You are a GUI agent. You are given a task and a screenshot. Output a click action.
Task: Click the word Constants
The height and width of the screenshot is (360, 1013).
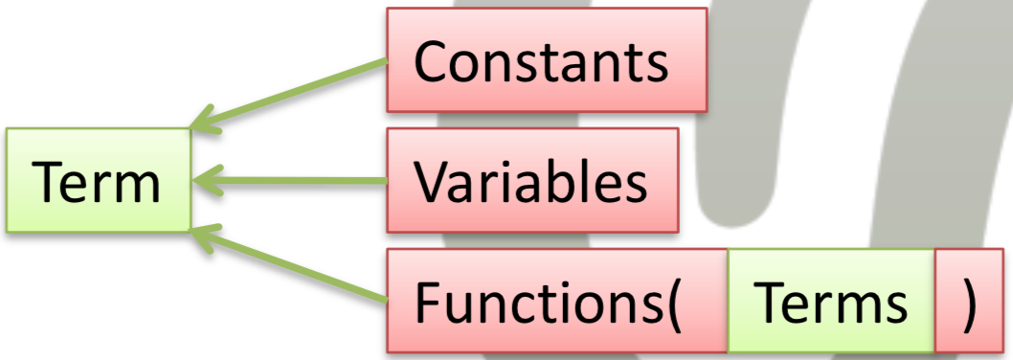click(541, 61)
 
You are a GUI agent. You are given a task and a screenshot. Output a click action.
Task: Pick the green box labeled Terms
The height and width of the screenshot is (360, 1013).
click(831, 302)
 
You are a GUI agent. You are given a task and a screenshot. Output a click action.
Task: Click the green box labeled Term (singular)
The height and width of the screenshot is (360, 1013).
click(99, 180)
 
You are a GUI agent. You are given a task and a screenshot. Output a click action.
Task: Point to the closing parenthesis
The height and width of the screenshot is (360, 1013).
click(970, 303)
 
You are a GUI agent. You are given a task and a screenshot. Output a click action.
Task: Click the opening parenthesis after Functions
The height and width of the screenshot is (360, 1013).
click(673, 303)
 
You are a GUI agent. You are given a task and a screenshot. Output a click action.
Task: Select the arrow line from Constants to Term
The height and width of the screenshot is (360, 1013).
click(289, 95)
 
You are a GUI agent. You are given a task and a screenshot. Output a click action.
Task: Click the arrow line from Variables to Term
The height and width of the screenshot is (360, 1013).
click(289, 180)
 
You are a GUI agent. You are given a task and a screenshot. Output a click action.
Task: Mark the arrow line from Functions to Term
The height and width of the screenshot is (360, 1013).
click(289, 265)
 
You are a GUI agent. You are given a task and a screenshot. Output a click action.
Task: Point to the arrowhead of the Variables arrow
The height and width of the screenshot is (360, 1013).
click(207, 180)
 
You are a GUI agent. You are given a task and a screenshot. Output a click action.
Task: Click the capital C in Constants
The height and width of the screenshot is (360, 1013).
click(432, 61)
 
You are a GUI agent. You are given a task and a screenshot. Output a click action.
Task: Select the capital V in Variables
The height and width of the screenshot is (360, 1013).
click(434, 181)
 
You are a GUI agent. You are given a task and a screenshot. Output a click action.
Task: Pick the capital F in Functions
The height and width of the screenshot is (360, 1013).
click(428, 303)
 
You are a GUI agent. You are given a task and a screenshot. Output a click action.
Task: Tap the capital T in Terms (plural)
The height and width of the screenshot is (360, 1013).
click(772, 303)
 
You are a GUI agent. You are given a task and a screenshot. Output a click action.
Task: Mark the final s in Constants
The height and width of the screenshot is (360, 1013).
click(657, 69)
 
